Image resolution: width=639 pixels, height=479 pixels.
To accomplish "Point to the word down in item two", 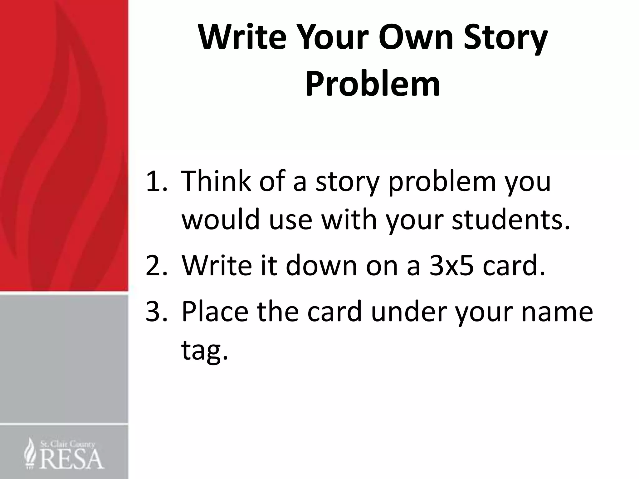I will click(321, 265).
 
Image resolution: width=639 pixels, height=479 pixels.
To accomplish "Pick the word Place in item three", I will click(215, 311).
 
